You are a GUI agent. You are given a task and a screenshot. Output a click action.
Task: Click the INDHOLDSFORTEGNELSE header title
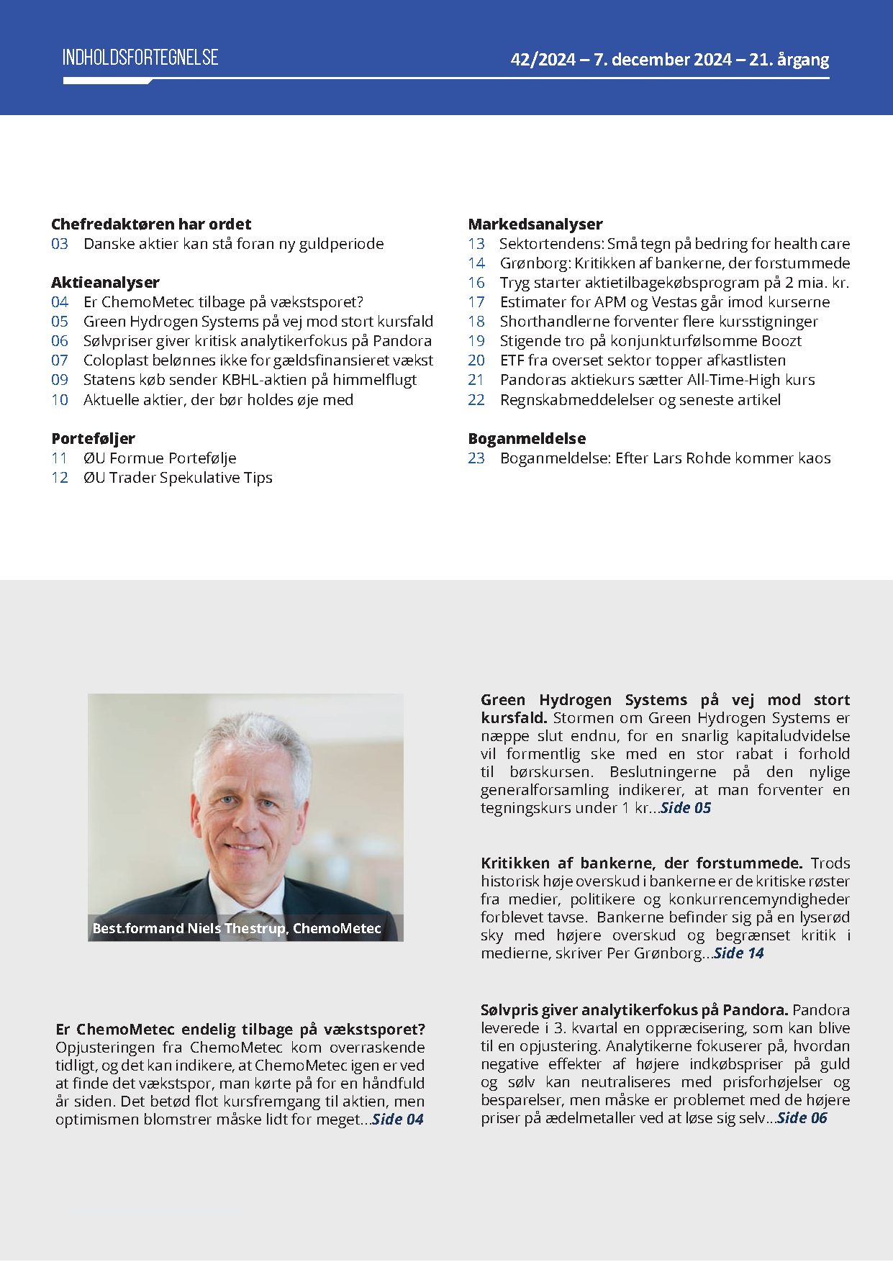point(140,58)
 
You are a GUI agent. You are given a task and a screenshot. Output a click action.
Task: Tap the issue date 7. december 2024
point(662,60)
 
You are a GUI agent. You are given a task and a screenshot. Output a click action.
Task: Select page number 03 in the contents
point(60,244)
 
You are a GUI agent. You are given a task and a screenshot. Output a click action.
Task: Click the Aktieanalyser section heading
point(105,283)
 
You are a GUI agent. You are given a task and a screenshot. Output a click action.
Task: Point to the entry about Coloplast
point(258,360)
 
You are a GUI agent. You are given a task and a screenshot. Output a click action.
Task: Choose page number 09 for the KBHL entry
point(60,380)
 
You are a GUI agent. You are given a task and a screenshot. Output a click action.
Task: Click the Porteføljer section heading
point(93,439)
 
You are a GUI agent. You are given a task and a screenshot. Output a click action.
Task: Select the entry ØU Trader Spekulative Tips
point(178,478)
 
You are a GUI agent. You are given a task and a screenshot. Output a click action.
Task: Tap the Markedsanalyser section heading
point(535,224)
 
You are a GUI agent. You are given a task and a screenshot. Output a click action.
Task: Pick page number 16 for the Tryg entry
point(476,283)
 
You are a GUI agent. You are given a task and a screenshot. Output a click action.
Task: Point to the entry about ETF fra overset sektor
point(643,360)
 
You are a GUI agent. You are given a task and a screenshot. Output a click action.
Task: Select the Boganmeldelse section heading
point(527,439)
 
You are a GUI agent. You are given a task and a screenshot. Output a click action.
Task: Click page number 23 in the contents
point(476,458)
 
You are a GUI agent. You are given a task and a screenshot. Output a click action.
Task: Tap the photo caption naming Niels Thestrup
point(237,928)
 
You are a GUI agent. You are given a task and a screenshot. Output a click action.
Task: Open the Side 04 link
point(398,1120)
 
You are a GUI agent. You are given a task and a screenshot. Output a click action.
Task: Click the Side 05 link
point(686,808)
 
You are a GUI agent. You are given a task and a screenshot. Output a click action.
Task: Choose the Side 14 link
point(739,953)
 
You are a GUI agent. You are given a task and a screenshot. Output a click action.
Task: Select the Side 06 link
point(802,1118)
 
